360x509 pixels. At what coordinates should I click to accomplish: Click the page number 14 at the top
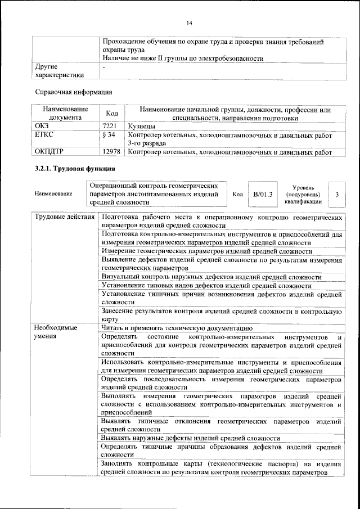point(190,22)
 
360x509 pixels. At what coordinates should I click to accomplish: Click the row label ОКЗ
point(43,127)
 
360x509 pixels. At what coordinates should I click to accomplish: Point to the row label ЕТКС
point(45,136)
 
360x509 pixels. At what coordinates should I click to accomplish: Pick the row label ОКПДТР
point(50,152)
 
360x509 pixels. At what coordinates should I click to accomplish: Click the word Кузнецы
point(142,127)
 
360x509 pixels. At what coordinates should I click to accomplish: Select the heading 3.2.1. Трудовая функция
point(75,168)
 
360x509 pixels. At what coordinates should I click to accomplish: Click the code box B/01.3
point(262,194)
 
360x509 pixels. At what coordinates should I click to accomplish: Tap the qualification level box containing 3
point(336,194)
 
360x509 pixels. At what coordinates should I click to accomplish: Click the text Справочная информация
point(73,91)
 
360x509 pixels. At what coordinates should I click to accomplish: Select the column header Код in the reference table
point(112,114)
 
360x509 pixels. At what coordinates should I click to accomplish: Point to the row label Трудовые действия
point(64,217)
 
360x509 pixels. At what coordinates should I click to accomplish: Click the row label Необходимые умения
point(56,332)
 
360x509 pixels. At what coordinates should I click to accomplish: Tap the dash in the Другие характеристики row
point(104,67)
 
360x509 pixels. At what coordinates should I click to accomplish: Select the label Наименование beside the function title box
point(53,194)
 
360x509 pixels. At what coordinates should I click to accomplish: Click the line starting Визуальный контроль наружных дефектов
point(211,277)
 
